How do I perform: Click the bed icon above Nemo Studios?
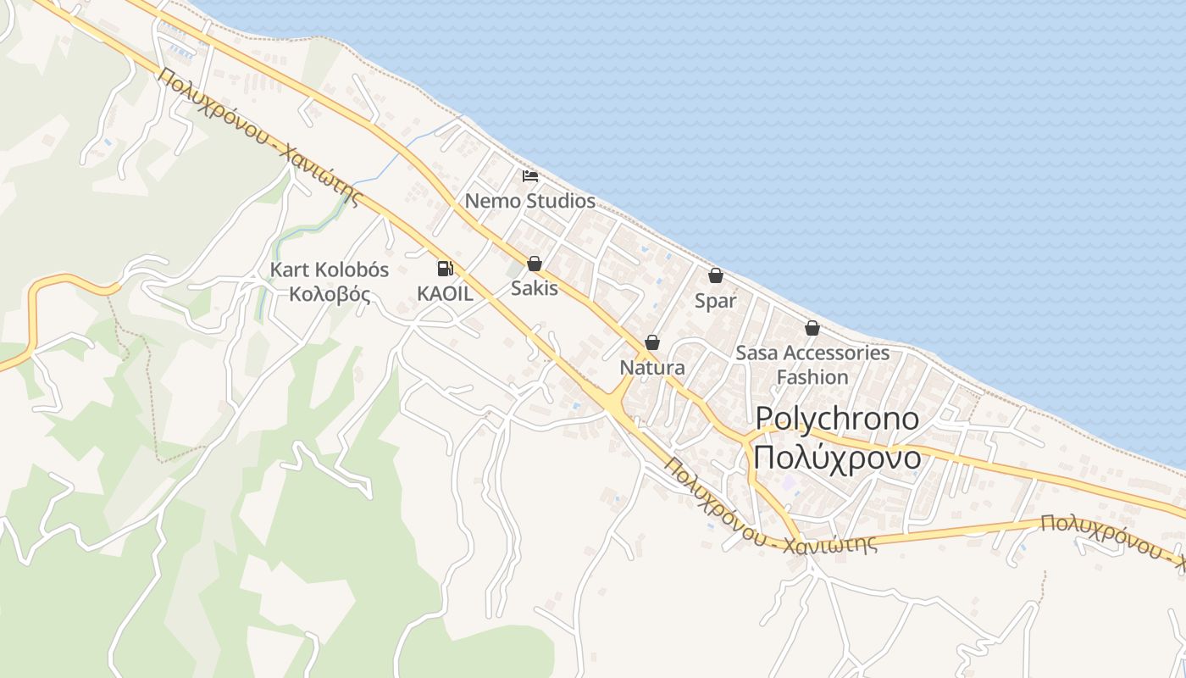click(x=530, y=176)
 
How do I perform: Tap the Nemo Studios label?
click(x=530, y=202)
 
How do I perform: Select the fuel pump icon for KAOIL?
click(x=444, y=269)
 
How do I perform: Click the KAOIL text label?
click(x=445, y=292)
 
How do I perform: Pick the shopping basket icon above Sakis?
click(x=535, y=264)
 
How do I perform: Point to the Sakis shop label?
click(x=535, y=288)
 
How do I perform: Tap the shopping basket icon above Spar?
click(x=716, y=275)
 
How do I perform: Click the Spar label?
click(x=716, y=301)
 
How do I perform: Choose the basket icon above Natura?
click(x=652, y=342)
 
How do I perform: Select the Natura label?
click(x=652, y=368)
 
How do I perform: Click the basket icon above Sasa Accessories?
click(x=812, y=328)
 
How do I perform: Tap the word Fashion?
click(x=812, y=377)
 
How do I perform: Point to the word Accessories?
click(x=836, y=353)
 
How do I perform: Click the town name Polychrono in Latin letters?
click(x=837, y=418)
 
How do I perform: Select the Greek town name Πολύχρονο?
click(x=837, y=458)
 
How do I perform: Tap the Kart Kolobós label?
click(x=329, y=270)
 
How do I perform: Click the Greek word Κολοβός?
click(x=330, y=295)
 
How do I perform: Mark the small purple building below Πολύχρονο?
click(x=790, y=484)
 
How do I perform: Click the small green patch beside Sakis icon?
click(x=515, y=269)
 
